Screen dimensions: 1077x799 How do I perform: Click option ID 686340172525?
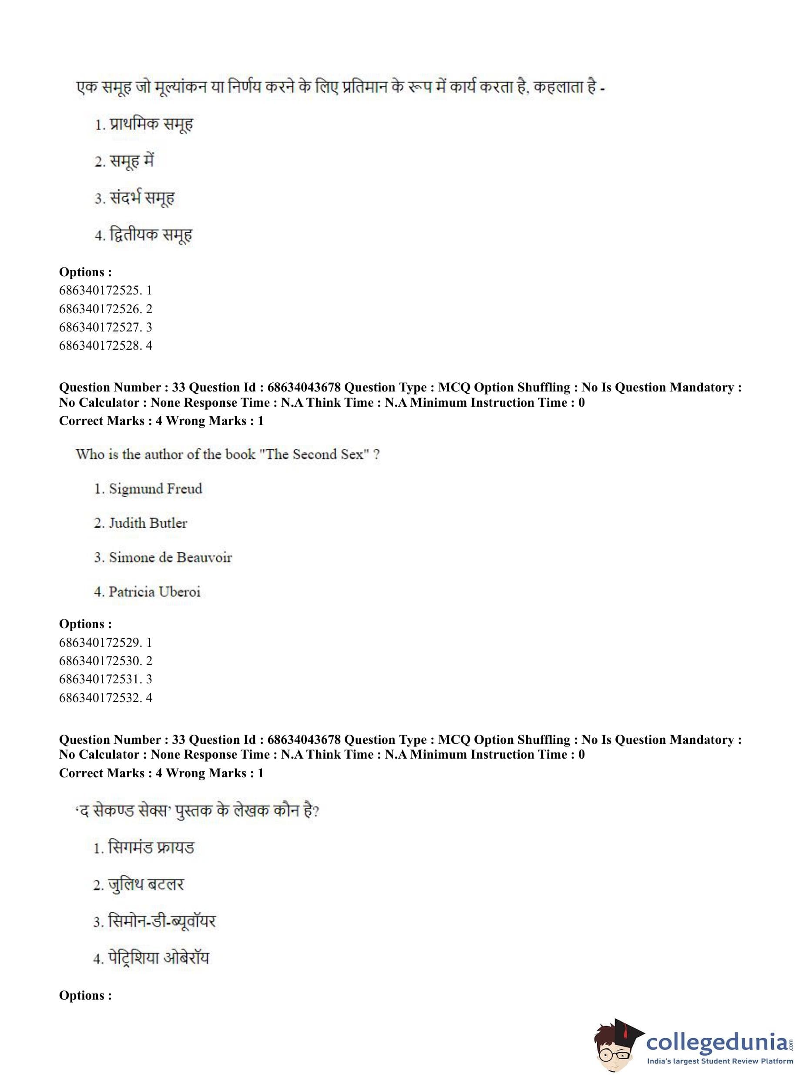click(105, 291)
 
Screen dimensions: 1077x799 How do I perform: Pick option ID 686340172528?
click(105, 346)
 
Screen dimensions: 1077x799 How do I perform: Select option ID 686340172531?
click(105, 679)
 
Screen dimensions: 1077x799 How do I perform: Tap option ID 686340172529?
click(105, 642)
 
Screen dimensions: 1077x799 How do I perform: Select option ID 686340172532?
click(105, 698)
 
